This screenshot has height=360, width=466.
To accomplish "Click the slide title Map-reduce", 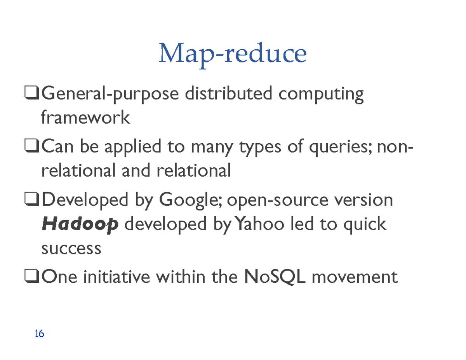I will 232,54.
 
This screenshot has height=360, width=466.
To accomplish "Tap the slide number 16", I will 39,333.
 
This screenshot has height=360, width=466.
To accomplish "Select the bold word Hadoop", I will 80,224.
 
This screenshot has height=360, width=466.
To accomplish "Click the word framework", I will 85,117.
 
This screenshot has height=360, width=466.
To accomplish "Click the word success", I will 71,248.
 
